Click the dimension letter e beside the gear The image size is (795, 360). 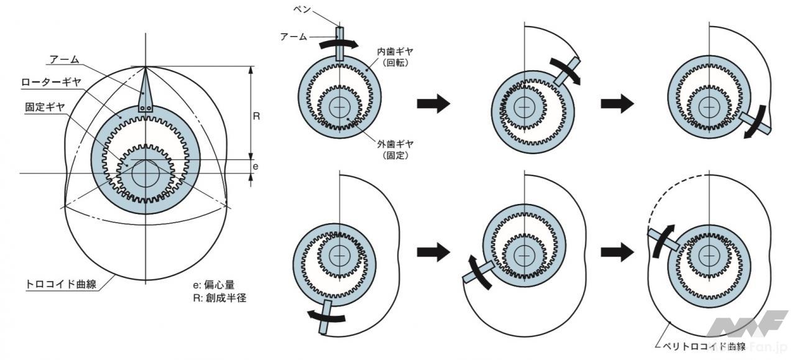pos(256,167)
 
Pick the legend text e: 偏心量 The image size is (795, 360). pos(214,285)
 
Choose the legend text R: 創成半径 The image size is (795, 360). pos(220,298)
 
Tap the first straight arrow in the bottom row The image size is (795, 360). pos(433,252)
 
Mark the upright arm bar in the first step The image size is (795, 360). pos(339,44)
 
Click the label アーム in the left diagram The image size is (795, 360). pos(63,59)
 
